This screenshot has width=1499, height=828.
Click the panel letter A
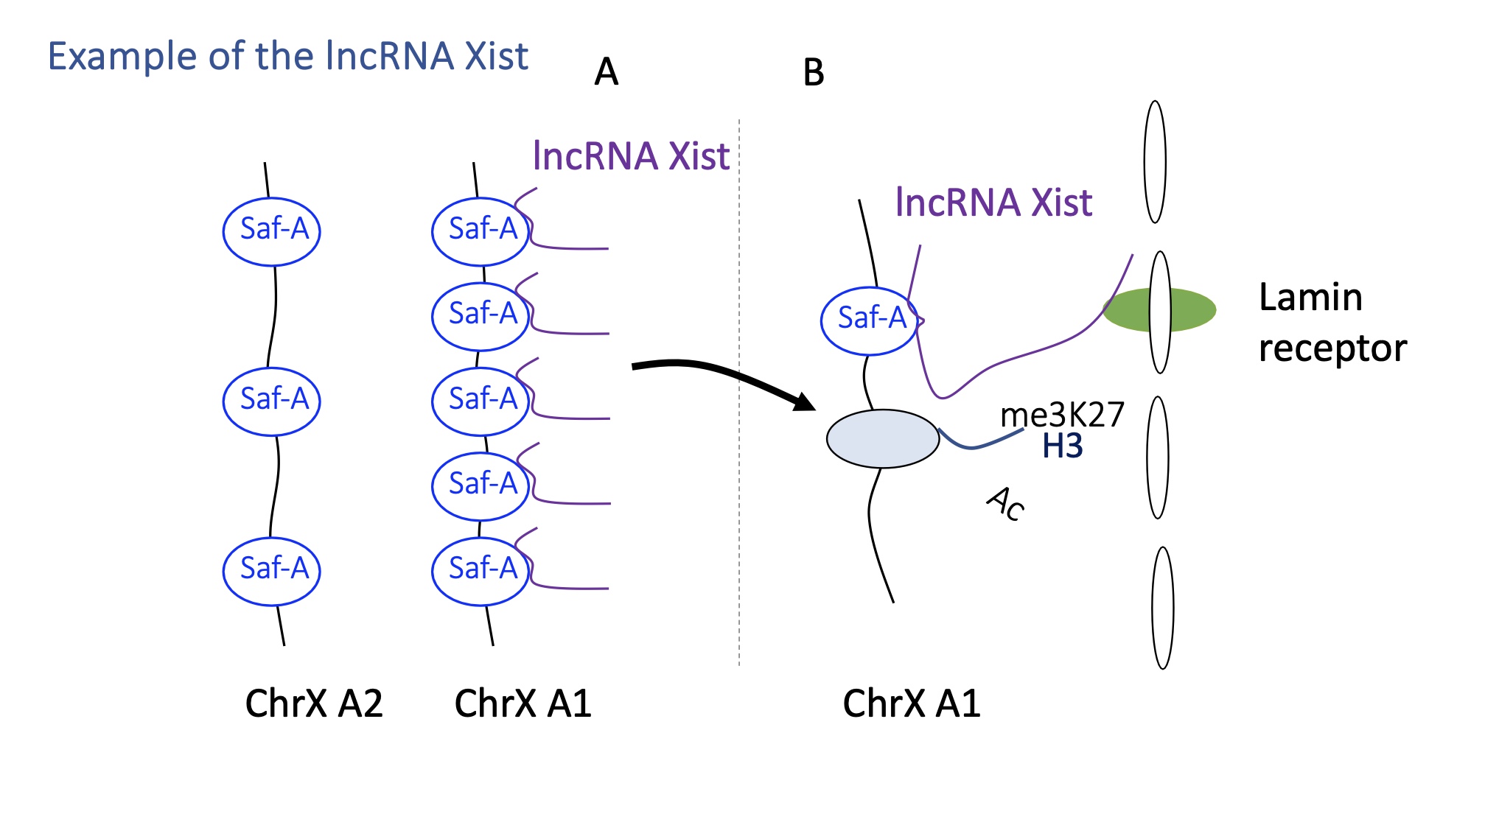pyautogui.click(x=606, y=72)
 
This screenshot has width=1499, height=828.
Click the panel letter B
pyautogui.click(x=813, y=73)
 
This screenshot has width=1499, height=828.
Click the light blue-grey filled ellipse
pyautogui.click(x=882, y=438)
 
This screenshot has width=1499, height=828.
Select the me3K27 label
pyautogui.click(x=1062, y=415)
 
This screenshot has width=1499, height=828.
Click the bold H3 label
pyautogui.click(x=1062, y=446)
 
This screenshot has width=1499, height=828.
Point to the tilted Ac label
pyautogui.click(x=1006, y=503)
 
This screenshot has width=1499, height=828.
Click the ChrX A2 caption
pyautogui.click(x=314, y=703)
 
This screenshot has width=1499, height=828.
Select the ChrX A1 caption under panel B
pyautogui.click(x=912, y=703)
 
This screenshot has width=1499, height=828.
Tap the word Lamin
pyautogui.click(x=1310, y=298)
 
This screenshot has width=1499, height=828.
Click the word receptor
pyautogui.click(x=1332, y=348)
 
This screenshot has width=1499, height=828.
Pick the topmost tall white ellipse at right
pyautogui.click(x=1155, y=162)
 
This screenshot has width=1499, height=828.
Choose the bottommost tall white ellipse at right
pyautogui.click(x=1162, y=608)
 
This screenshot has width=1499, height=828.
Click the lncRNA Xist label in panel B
pyautogui.click(x=993, y=203)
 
